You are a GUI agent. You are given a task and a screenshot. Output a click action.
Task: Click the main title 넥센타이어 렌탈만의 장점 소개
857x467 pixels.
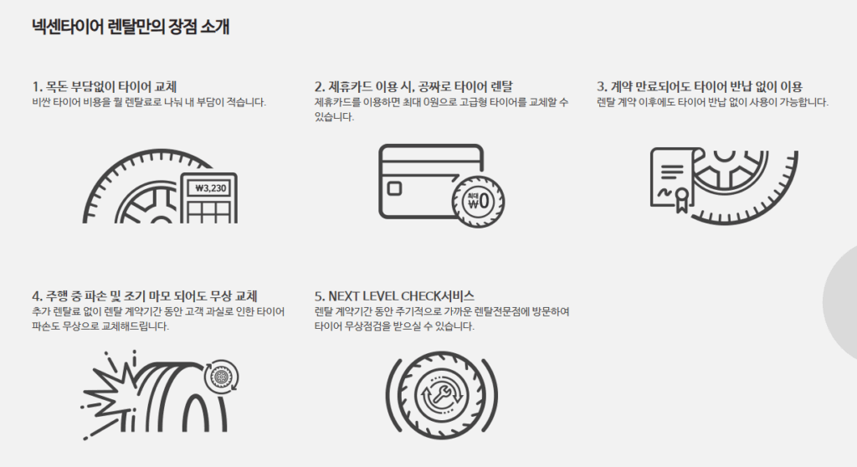pos(131,27)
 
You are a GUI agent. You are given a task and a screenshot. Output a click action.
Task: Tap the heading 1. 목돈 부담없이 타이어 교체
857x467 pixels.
pos(105,86)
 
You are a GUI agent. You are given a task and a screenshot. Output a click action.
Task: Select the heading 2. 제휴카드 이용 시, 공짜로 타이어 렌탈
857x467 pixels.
pos(413,86)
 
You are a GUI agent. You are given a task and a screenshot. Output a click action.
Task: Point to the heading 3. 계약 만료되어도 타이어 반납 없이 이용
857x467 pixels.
pos(700,86)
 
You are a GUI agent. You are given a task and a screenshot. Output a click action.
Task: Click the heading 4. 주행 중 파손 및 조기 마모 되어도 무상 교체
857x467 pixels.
pos(145,295)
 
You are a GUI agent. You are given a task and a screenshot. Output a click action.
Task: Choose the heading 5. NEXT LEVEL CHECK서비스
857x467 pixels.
pos(395,295)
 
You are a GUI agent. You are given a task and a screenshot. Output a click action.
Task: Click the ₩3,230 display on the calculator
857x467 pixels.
pos(210,188)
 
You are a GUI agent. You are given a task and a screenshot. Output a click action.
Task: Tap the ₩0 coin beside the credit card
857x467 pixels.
pos(478,202)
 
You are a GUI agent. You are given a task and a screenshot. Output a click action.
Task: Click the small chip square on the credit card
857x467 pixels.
pos(394,188)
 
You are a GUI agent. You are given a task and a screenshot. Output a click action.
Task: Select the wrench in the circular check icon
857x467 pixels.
pos(442,394)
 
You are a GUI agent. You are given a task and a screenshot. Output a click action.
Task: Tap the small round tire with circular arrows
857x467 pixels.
pos(221,377)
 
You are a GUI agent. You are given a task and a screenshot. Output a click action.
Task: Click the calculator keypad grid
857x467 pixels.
pos(209,212)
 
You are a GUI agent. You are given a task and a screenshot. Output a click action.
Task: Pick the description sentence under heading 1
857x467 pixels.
pos(149,102)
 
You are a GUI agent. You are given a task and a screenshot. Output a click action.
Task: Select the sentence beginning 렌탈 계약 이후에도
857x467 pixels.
pos(713,102)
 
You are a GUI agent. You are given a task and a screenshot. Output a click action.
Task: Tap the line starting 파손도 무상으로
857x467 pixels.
pos(100,326)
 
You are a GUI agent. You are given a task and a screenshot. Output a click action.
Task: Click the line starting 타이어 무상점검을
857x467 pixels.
pos(395,326)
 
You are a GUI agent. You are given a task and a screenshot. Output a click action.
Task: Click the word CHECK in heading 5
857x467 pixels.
pos(421,295)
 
